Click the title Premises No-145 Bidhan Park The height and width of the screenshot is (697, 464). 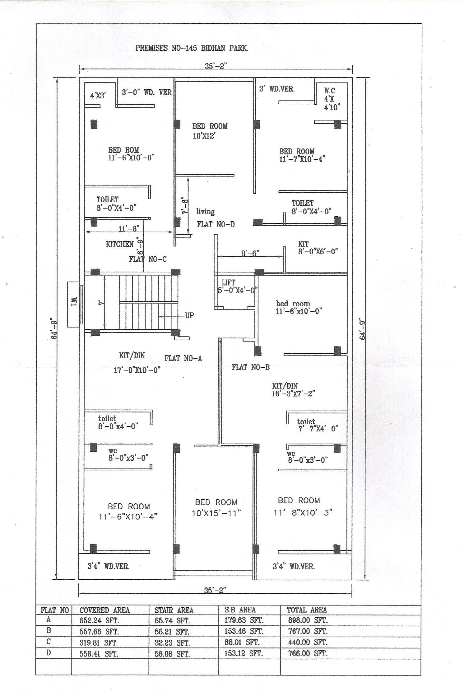(x=192, y=48)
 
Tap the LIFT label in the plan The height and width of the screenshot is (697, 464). (x=228, y=282)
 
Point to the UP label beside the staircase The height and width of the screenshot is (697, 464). (x=189, y=315)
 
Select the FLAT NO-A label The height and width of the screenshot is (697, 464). (x=183, y=358)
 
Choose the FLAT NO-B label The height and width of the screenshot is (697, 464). (x=251, y=367)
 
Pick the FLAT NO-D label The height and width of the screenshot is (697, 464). (x=216, y=224)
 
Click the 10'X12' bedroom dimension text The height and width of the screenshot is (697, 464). (x=204, y=136)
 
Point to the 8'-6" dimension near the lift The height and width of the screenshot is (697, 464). (x=250, y=253)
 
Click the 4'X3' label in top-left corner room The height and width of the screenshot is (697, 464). (x=98, y=96)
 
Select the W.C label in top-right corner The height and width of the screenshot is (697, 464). (x=329, y=91)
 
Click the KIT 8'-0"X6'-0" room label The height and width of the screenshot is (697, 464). (x=318, y=248)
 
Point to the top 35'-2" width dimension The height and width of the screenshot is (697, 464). (x=216, y=66)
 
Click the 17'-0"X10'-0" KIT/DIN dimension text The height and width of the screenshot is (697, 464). (x=137, y=370)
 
